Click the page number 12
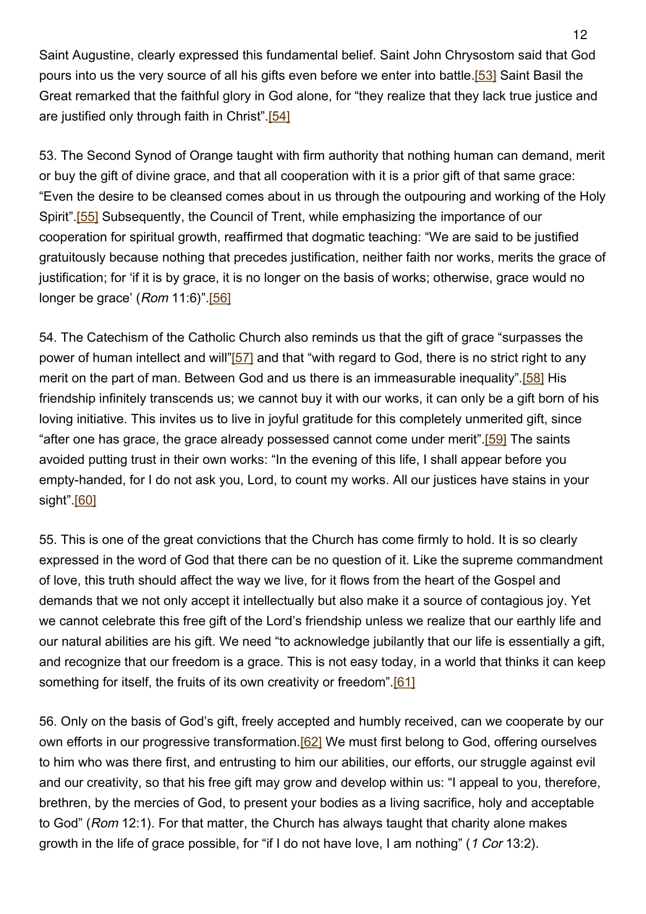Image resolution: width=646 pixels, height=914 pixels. pyautogui.click(x=580, y=35)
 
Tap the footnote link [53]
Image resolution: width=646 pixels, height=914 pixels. pyautogui.click(x=485, y=75)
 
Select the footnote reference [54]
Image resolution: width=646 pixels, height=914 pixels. pyautogui.click(x=279, y=116)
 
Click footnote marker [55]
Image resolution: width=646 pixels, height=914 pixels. pyautogui.click(x=87, y=216)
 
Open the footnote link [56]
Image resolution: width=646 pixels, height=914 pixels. pyautogui.click(x=220, y=298)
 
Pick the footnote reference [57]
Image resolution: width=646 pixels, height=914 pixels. pyautogui.click(x=242, y=358)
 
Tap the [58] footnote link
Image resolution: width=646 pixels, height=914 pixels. pyautogui.click(x=533, y=378)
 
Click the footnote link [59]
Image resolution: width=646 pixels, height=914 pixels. pyautogui.click(x=495, y=439)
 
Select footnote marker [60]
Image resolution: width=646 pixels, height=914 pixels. pyautogui.click(x=85, y=500)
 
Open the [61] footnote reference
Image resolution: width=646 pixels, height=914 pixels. pyautogui.click(x=404, y=682)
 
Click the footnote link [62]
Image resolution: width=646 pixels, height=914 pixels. pyautogui.click(x=311, y=742)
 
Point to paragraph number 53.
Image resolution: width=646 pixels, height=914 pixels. pyautogui.click(x=48, y=155)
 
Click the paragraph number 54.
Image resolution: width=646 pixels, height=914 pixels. pyautogui.click(x=48, y=337)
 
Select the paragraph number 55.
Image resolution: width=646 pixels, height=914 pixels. pyautogui.click(x=48, y=539)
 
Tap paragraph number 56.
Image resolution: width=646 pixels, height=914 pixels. pyautogui.click(x=48, y=721)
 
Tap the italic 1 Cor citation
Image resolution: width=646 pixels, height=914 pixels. pyautogui.click(x=487, y=843)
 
